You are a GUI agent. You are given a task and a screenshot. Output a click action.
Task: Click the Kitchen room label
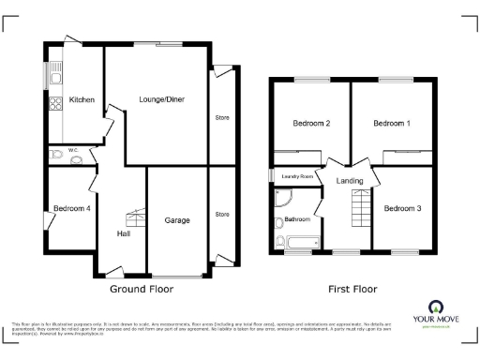coord(82,99)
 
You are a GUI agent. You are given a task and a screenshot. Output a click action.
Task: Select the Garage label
coord(177,220)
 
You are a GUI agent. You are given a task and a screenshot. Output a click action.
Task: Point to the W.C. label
coord(72,149)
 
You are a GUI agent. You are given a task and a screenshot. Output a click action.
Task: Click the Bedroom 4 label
coord(71,209)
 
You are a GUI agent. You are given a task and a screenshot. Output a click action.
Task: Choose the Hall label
coord(123,233)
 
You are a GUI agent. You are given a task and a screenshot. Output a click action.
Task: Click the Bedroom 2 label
coord(310,123)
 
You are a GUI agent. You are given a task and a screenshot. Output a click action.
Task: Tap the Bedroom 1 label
coord(392,123)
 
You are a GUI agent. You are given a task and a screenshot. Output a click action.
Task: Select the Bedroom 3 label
coord(404,207)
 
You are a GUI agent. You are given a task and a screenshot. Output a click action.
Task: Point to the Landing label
coord(350,180)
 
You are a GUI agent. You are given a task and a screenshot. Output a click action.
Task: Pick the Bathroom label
coord(298,219)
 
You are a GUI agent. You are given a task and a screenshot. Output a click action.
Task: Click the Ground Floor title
coord(142,290)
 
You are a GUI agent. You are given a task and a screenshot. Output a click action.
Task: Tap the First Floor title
coord(352,290)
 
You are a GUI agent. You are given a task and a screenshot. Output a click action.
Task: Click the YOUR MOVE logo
coord(436,313)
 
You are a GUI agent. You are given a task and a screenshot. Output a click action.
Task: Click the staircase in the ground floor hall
coord(136,217)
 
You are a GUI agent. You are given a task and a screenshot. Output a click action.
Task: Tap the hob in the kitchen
coord(56,102)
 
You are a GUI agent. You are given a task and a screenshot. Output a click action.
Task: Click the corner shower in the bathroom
coord(284,198)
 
